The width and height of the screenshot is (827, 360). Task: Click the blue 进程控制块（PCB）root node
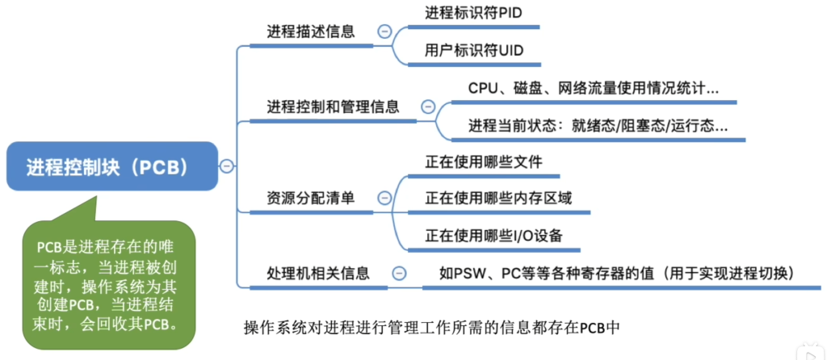(112, 166)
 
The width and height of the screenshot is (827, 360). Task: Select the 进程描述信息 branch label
(310, 31)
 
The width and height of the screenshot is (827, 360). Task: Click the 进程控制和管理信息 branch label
(333, 107)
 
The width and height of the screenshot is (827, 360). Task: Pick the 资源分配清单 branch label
(310, 199)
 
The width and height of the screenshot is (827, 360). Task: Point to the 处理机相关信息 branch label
(317, 273)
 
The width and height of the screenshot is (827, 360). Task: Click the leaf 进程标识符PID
(473, 13)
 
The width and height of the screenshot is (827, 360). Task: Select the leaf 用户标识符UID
(474, 51)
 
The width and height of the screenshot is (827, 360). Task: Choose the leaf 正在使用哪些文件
(484, 161)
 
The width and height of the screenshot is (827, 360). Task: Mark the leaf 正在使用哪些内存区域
(498, 199)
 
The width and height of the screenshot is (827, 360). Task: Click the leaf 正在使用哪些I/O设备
(493, 236)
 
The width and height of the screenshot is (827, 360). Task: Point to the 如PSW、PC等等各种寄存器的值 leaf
(617, 273)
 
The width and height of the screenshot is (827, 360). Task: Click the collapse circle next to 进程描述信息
(384, 32)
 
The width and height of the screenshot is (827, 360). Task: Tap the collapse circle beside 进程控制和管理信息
(428, 107)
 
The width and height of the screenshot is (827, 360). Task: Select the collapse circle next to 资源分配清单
(384, 199)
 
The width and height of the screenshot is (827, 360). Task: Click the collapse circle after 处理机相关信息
(400, 273)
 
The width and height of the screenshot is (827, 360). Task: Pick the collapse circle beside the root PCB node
(226, 166)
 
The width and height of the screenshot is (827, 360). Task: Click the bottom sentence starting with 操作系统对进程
(430, 328)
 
